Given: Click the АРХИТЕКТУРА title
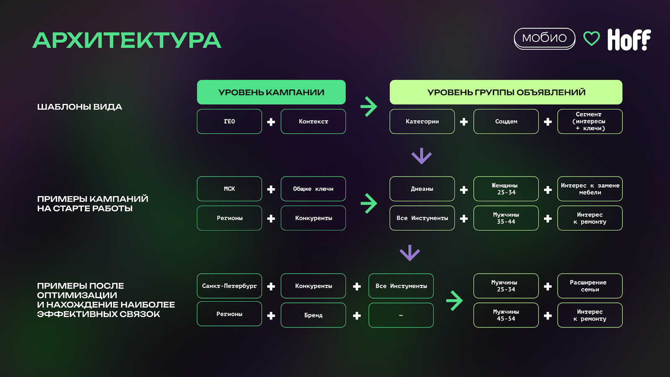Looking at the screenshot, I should (126, 41).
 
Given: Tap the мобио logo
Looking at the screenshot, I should (544, 38).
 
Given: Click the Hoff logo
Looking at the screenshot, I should (629, 40).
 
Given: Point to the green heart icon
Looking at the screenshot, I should (592, 39).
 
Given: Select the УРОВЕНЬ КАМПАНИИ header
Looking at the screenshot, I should (271, 92).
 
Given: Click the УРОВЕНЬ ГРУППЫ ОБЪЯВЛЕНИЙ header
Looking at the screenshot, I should (506, 92).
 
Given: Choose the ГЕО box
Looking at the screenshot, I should (229, 121).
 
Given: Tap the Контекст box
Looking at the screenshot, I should (313, 121).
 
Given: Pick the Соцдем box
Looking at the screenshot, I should (506, 121).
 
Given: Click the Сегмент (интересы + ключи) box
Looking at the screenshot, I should (590, 121).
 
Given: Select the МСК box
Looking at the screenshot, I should (229, 189).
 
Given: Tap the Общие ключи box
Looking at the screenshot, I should (313, 189).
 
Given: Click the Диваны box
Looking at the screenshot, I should (422, 189).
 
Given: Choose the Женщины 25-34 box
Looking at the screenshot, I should (506, 189).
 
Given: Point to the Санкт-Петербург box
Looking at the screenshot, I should (229, 286).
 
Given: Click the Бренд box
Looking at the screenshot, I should (313, 315).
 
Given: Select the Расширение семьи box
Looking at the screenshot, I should (590, 286).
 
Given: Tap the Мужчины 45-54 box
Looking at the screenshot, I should (506, 315).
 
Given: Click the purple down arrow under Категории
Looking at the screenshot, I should (421, 156).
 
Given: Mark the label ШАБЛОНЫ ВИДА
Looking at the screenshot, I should (80, 107).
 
